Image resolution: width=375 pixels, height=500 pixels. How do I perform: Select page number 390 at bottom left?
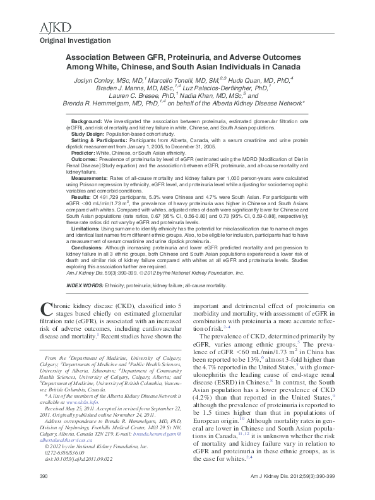click(44, 492)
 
